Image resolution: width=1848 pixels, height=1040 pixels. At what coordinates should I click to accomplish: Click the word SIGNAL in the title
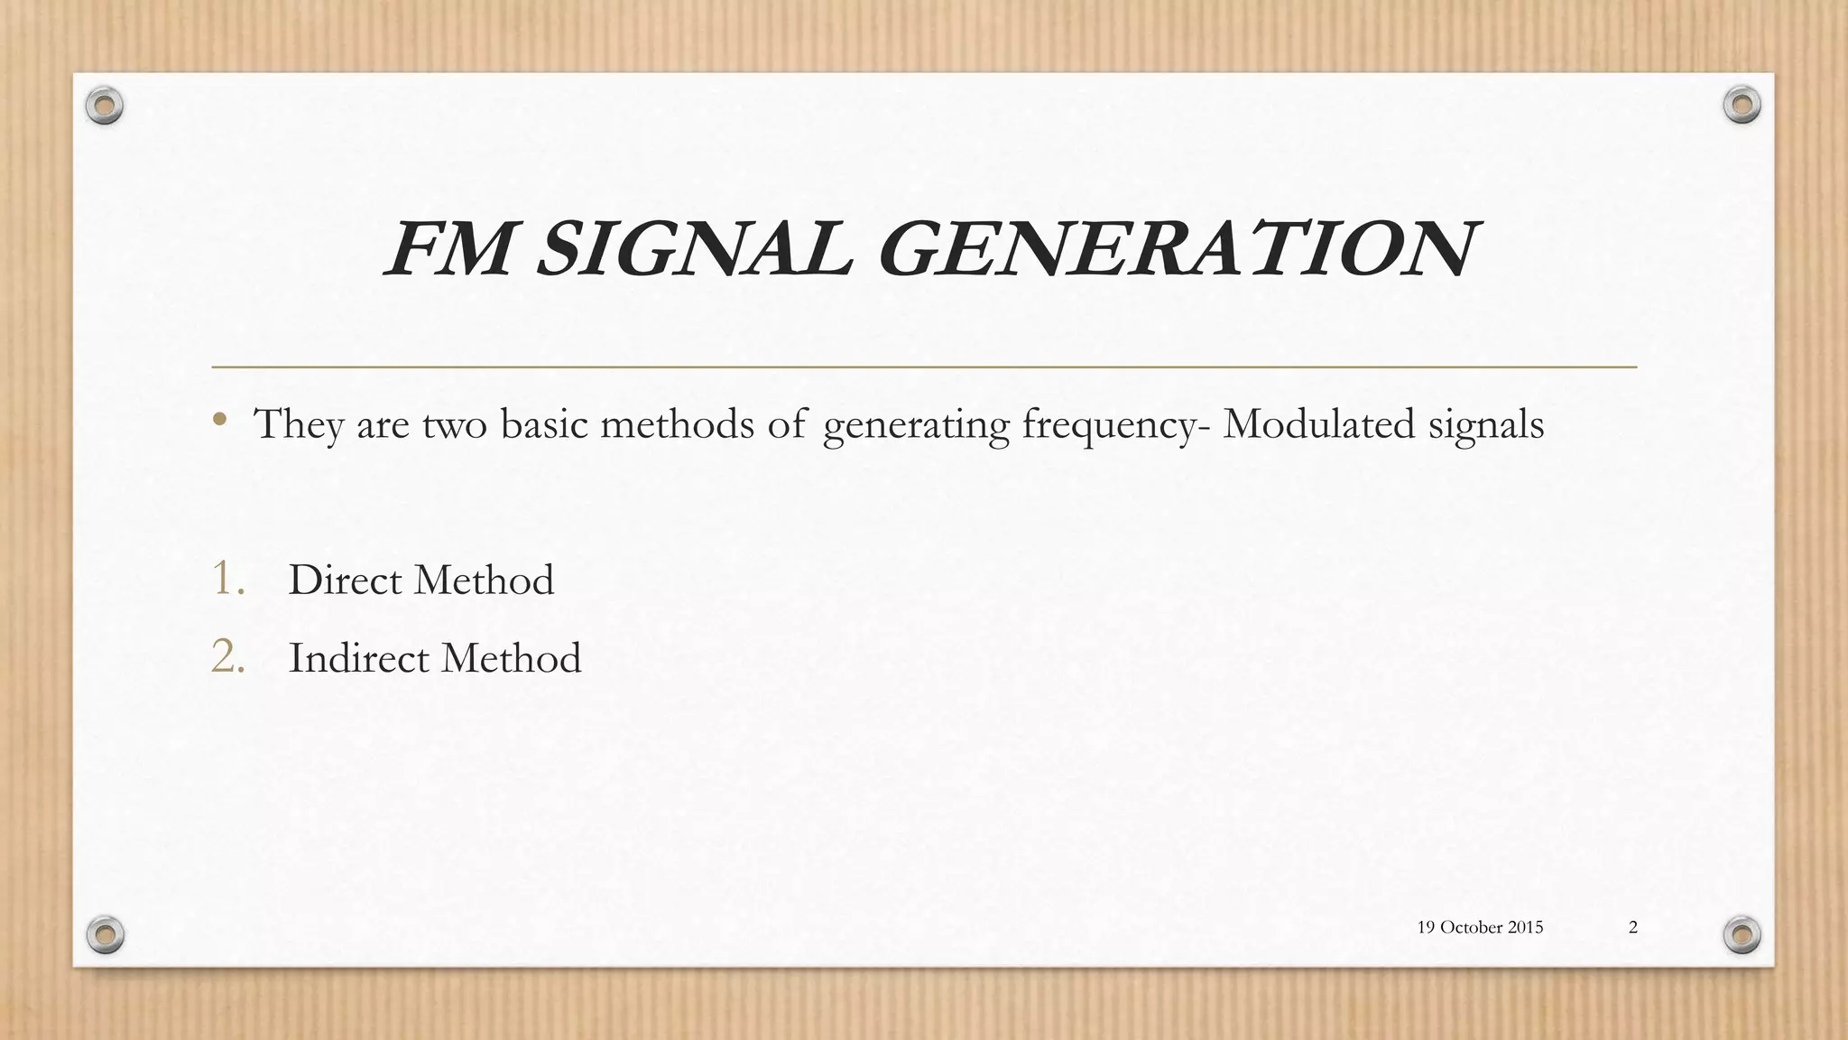[x=693, y=250]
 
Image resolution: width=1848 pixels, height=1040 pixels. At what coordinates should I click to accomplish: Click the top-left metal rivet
[x=105, y=107]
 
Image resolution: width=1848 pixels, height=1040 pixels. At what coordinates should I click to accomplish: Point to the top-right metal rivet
[x=1742, y=106]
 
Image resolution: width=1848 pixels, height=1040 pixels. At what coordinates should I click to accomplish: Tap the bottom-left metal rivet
[x=105, y=934]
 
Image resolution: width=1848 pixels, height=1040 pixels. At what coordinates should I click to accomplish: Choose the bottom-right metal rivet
[x=1742, y=934]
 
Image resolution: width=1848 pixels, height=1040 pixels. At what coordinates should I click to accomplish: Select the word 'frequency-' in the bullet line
[x=1116, y=425]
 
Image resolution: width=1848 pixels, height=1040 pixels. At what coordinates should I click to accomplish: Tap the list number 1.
[x=228, y=579]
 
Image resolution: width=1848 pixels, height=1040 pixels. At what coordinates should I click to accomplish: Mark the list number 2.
[x=228, y=657]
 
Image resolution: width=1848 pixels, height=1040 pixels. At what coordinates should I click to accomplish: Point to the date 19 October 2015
[x=1480, y=927]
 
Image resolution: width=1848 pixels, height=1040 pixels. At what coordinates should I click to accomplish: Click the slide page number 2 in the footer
[x=1633, y=927]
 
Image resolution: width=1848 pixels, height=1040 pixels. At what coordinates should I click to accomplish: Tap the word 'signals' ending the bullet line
[x=1486, y=425]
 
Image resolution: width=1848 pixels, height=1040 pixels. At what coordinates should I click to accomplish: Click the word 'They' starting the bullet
[x=299, y=425]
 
